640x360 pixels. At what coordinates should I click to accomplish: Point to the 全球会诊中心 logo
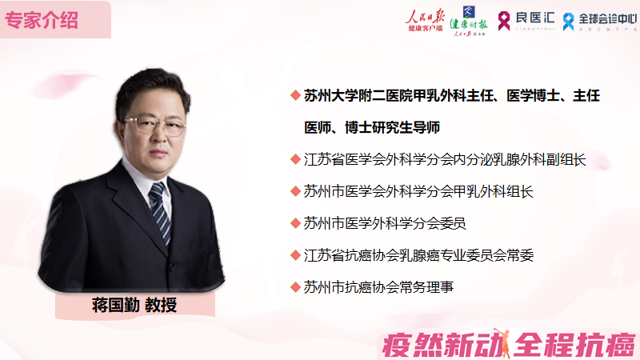(x=596, y=21)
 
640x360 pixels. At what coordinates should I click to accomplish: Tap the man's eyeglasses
(x=154, y=124)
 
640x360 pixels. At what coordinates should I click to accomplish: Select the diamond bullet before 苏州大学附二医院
(x=295, y=96)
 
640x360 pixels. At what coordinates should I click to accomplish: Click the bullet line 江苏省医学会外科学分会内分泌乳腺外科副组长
(x=446, y=159)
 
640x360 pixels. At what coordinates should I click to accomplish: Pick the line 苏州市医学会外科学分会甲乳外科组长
(x=418, y=191)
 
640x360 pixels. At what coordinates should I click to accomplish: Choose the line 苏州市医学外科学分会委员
(x=385, y=222)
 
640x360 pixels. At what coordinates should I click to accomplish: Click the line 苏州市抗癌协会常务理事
(x=378, y=286)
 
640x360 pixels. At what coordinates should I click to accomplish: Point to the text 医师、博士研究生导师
(x=373, y=127)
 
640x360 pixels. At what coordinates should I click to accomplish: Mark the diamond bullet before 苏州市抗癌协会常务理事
(x=295, y=286)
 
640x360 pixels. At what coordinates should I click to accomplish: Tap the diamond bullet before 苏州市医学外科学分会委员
(x=295, y=222)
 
